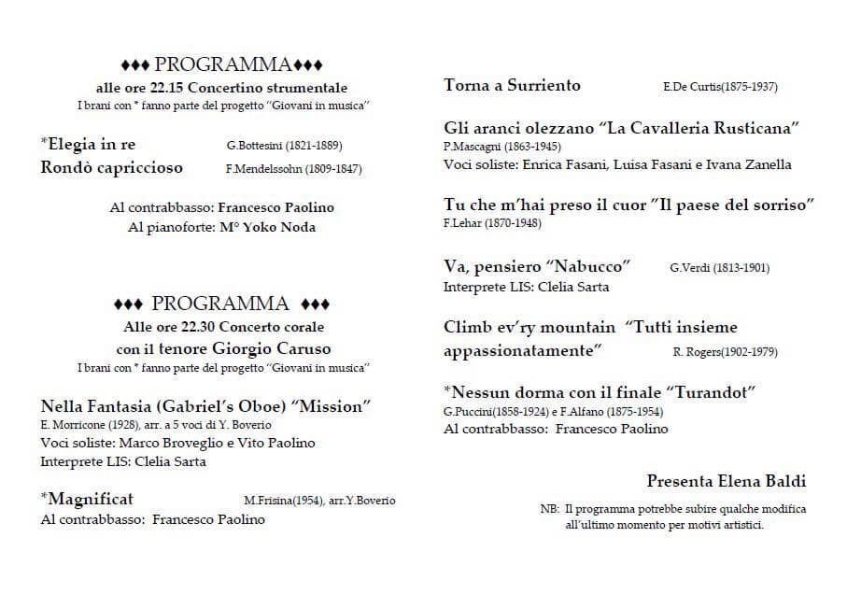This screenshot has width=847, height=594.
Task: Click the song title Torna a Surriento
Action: coord(512,86)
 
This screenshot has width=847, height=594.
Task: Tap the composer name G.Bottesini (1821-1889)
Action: coord(284,146)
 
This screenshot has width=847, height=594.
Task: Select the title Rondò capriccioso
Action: coord(112,168)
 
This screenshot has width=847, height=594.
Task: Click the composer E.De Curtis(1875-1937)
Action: coord(720,87)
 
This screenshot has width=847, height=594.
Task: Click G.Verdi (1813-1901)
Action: coord(719,268)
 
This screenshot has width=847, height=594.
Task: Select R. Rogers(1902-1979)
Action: coord(725,352)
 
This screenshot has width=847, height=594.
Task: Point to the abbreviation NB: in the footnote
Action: coord(549,510)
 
